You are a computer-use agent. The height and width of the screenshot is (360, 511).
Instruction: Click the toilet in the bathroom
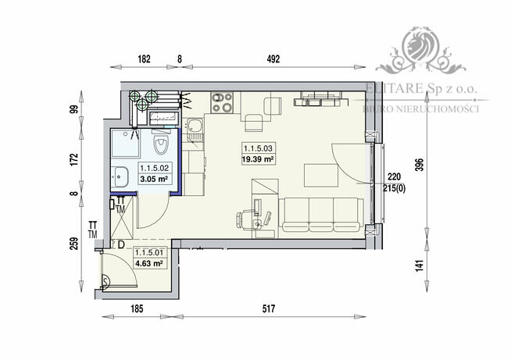[162, 144]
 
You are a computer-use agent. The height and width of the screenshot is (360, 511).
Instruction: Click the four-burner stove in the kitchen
[223, 102]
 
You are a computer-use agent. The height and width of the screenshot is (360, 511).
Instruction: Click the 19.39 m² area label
[257, 159]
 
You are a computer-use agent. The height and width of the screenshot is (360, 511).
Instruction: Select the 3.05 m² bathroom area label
[153, 179]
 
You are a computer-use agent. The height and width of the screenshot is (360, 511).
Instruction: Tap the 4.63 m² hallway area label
[148, 264]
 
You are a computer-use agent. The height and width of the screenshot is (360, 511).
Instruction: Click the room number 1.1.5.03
[257, 148]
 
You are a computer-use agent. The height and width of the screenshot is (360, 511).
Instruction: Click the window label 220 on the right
[395, 176]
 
